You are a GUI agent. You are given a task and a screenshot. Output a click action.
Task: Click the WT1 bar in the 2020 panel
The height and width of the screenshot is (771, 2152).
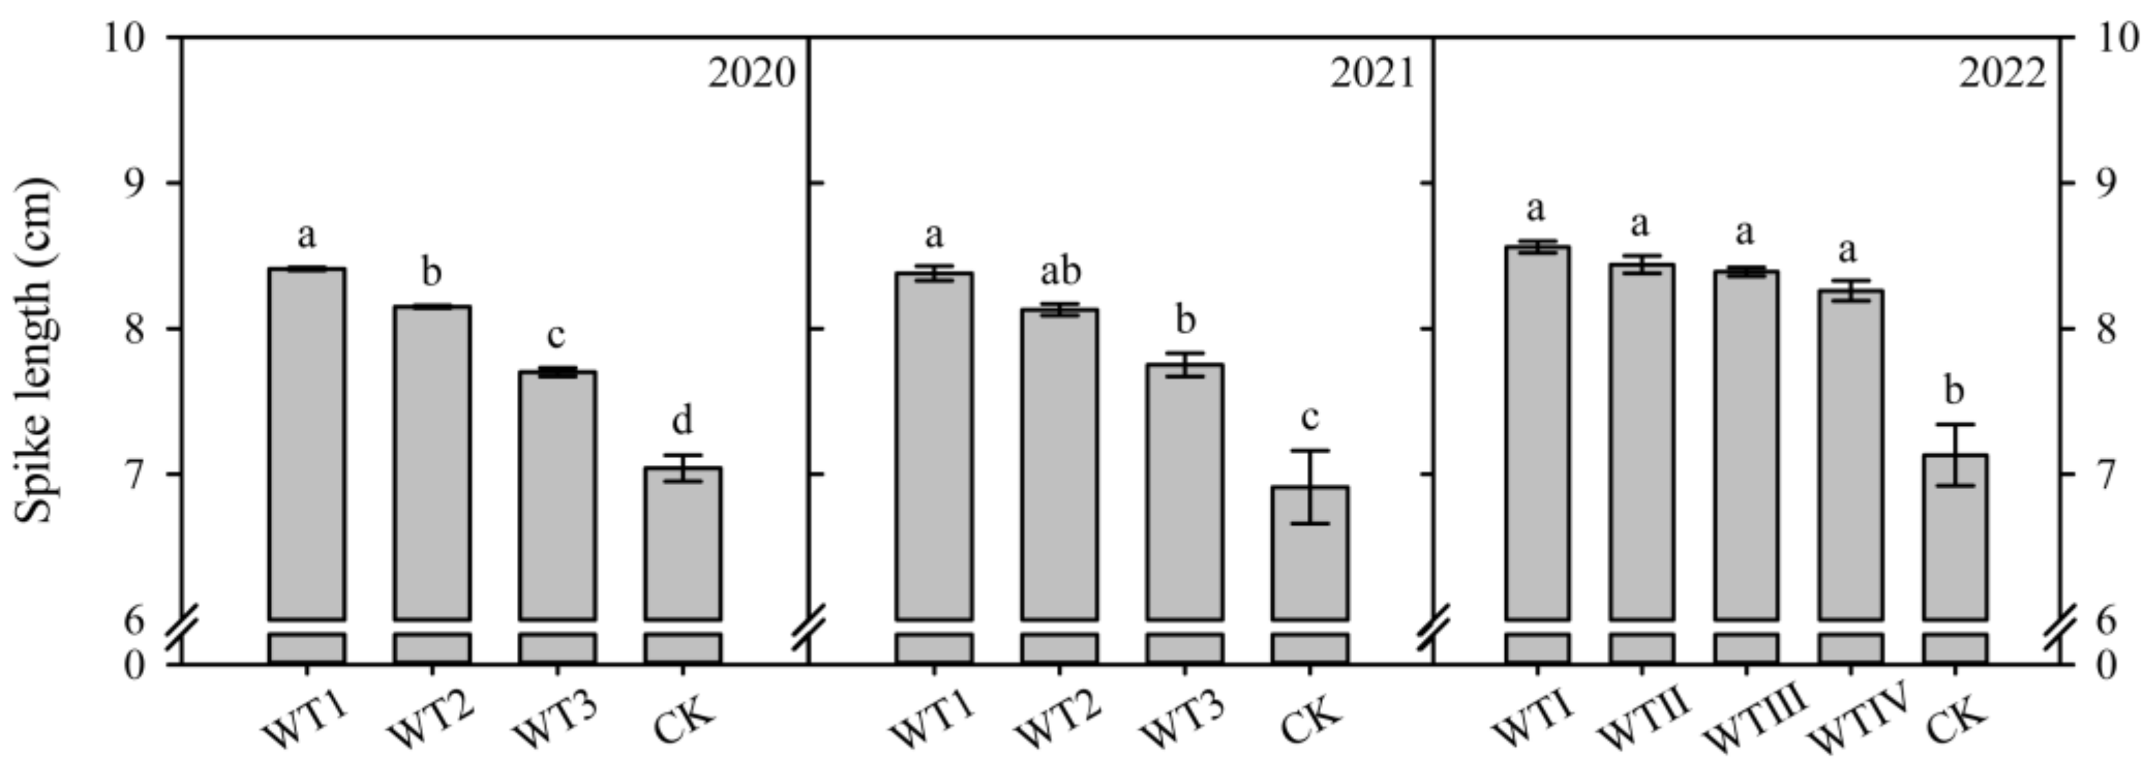tap(307, 444)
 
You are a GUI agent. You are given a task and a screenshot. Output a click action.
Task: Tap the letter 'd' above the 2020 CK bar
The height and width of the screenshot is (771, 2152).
tap(682, 421)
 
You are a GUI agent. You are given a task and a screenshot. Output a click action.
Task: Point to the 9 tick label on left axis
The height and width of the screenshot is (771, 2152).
tap(134, 183)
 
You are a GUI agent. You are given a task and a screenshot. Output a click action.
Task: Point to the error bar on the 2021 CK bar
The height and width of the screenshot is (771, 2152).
tap(1310, 487)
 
